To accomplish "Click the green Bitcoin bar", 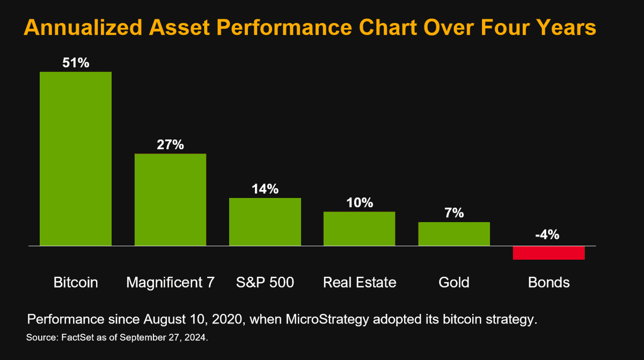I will (x=76, y=159).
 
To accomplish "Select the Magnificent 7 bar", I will (x=170, y=200).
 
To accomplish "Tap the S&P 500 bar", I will (x=265, y=222).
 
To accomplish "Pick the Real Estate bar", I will (x=359, y=229).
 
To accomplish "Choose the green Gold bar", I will (x=454, y=234).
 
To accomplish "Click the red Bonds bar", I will (x=548, y=253).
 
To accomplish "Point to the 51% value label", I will (x=76, y=63).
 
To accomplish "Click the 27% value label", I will (x=170, y=145).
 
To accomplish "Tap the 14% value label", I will (x=265, y=189).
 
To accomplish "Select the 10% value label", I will (x=360, y=203).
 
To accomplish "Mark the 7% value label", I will (x=454, y=213).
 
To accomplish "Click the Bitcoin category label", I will (x=76, y=282).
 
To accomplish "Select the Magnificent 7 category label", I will (x=170, y=282).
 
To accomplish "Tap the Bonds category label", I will (x=548, y=282).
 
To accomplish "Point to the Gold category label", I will (x=454, y=282).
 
